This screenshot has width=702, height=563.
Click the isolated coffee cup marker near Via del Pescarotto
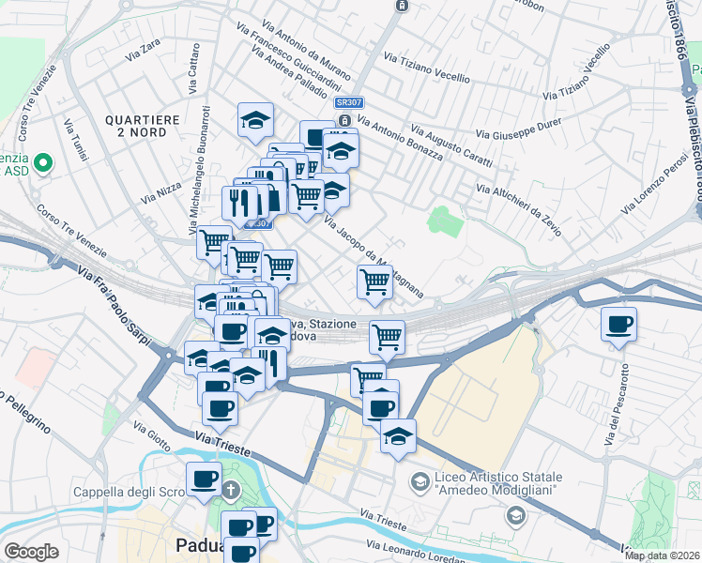618,325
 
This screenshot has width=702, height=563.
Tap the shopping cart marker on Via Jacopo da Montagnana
374,281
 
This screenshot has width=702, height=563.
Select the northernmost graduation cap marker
254,120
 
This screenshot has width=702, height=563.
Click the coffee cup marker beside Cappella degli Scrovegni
204,479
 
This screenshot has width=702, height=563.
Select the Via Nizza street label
161,188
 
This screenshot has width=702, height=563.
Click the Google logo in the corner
31,552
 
